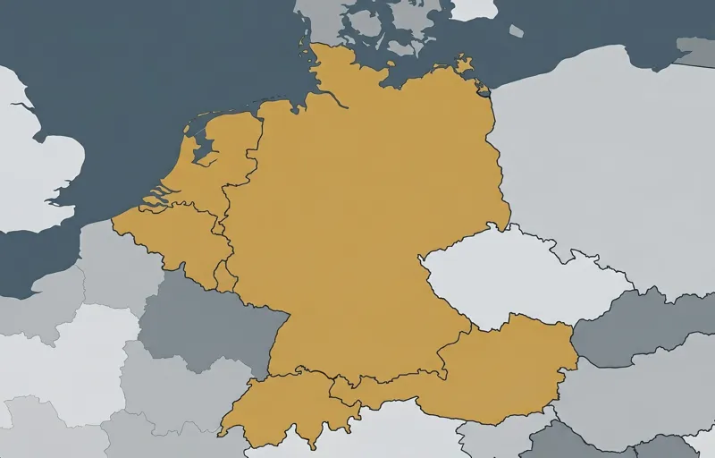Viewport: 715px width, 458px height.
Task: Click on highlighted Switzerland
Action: click(x=286, y=407)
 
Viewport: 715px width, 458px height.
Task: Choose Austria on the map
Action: click(x=500, y=367)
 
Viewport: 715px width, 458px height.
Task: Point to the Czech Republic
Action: click(x=518, y=277)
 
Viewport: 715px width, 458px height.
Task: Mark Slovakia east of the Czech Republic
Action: click(x=643, y=322)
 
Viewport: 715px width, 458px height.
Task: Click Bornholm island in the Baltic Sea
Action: click(x=516, y=30)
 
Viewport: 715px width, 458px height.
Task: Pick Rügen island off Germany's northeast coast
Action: click(x=464, y=64)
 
